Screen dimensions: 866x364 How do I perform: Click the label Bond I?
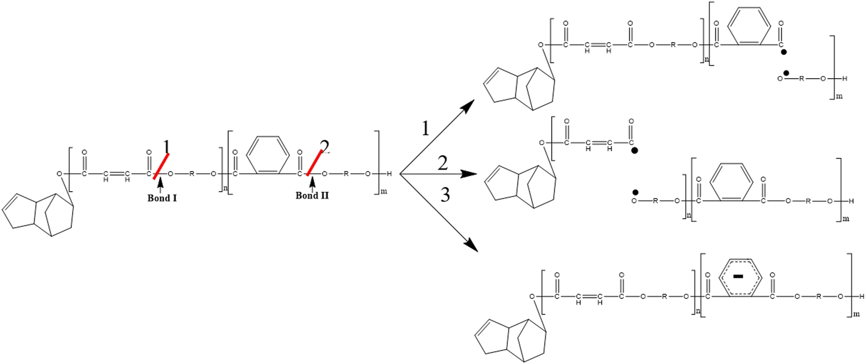162,198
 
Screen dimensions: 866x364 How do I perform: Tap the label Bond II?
312,196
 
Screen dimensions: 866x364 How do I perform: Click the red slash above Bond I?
161,166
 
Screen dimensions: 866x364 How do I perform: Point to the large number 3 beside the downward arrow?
445,195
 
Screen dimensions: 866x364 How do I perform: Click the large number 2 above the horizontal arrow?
443,163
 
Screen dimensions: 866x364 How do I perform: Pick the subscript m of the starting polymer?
384,191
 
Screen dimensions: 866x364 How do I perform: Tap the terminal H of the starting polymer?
389,174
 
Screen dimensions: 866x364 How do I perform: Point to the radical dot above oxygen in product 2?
635,192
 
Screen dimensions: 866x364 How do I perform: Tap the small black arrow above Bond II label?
312,185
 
